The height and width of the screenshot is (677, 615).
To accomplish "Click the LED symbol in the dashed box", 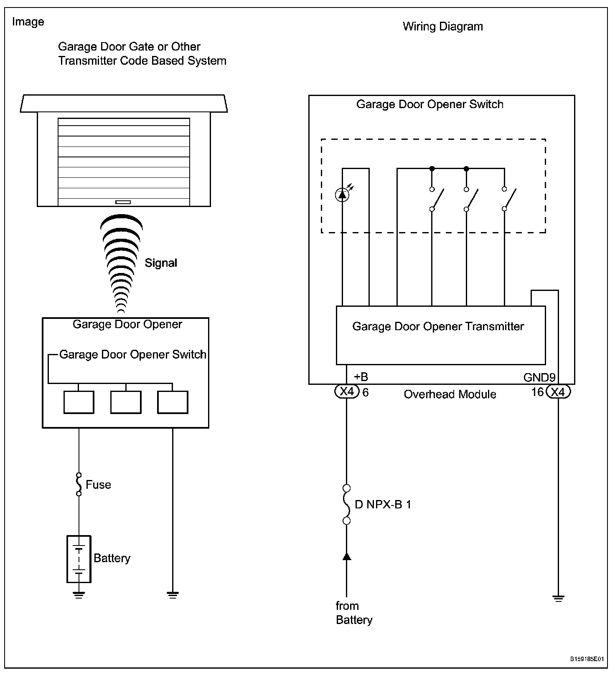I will [x=342, y=195].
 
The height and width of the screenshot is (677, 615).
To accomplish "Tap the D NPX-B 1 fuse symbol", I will [x=346, y=504].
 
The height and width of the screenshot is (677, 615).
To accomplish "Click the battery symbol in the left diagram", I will [x=79, y=559].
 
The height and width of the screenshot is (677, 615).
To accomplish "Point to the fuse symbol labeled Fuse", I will [x=79, y=484].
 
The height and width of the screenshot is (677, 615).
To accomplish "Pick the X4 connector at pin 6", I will [x=347, y=392].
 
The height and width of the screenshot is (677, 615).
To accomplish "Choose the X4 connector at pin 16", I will [x=559, y=392].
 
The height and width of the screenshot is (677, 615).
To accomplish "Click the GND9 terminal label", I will [x=539, y=378].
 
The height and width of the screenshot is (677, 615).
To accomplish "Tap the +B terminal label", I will [x=361, y=377].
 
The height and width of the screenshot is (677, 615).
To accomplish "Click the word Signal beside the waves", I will [x=161, y=263].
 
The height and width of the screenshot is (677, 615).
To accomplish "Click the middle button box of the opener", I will [x=126, y=402].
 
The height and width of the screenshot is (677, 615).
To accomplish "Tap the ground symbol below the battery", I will [x=79, y=595].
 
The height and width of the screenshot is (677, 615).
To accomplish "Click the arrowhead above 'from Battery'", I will [x=346, y=556].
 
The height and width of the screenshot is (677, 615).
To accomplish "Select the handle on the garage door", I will [x=123, y=202].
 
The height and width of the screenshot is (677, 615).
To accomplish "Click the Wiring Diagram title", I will [x=442, y=27].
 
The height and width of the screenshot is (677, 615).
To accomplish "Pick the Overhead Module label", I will [x=450, y=394].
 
